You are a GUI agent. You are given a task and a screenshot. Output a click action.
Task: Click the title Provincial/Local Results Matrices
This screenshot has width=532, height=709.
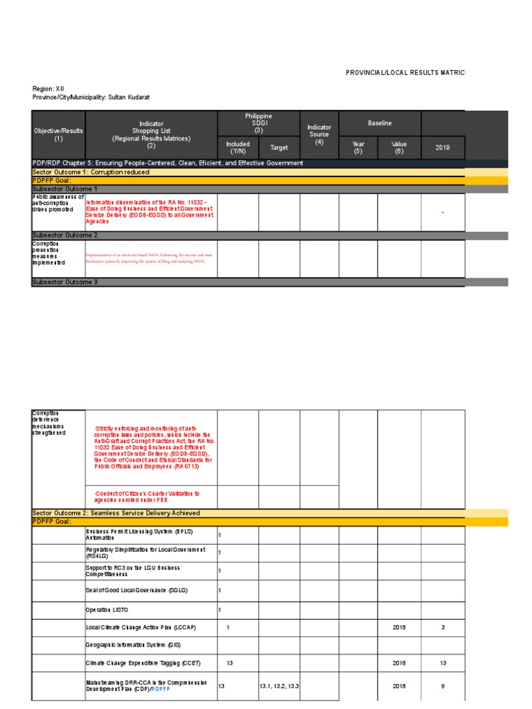[x=406, y=73]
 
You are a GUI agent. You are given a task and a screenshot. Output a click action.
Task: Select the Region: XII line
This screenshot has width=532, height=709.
[x=48, y=89]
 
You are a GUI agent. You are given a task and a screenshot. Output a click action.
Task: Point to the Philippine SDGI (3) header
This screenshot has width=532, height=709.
[x=258, y=123]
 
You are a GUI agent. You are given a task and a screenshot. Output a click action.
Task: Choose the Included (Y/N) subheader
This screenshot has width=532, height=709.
[x=238, y=147]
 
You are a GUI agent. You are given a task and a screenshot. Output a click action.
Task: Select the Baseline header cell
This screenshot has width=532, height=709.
[x=380, y=123]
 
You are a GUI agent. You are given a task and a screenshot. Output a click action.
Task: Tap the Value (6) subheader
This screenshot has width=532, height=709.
[x=399, y=147]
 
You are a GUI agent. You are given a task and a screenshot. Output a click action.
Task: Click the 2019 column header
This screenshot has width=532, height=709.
[x=442, y=147]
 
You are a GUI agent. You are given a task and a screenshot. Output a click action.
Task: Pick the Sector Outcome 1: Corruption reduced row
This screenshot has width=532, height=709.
[x=91, y=172]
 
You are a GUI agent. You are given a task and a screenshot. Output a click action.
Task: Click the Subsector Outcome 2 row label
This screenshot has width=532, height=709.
[x=65, y=235]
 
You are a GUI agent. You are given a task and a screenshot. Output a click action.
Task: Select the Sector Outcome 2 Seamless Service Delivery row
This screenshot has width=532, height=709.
[x=116, y=513]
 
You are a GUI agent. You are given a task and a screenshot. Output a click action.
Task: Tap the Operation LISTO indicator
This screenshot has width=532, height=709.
[x=107, y=610]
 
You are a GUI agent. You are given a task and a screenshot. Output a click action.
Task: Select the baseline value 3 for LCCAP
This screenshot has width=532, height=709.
[x=442, y=627]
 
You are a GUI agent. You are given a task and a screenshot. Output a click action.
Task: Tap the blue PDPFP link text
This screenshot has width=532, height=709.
[x=160, y=690]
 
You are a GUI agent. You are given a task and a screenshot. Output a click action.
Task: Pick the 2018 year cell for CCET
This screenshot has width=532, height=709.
[x=399, y=663]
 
